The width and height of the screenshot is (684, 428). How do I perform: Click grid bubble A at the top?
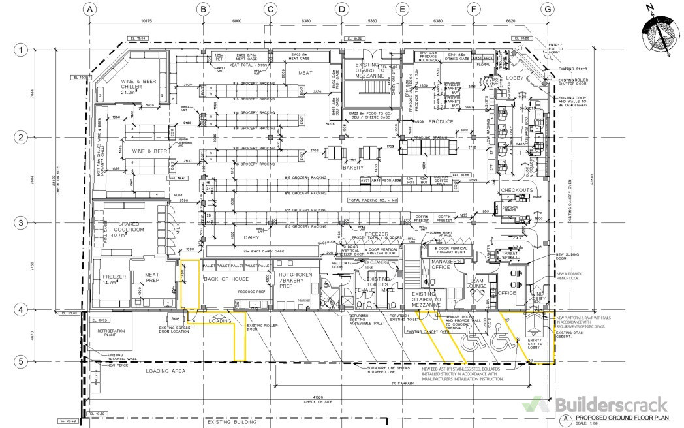coord(91,9)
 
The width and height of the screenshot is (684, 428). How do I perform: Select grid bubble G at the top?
coord(548,9)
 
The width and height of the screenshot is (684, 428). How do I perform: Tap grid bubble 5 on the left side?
coord(22,361)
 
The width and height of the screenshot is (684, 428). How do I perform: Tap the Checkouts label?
coord(517,190)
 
